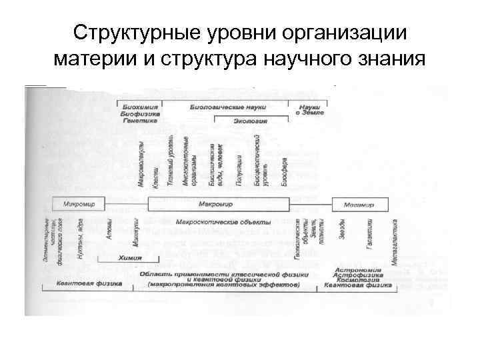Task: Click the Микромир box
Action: point(80,203)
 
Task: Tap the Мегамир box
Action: point(359,203)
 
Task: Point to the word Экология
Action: point(251,121)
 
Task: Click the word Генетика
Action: point(139,121)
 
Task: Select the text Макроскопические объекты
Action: point(224,221)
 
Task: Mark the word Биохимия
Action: point(139,106)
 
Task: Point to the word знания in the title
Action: point(390,59)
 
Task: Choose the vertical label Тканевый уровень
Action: point(170,161)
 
